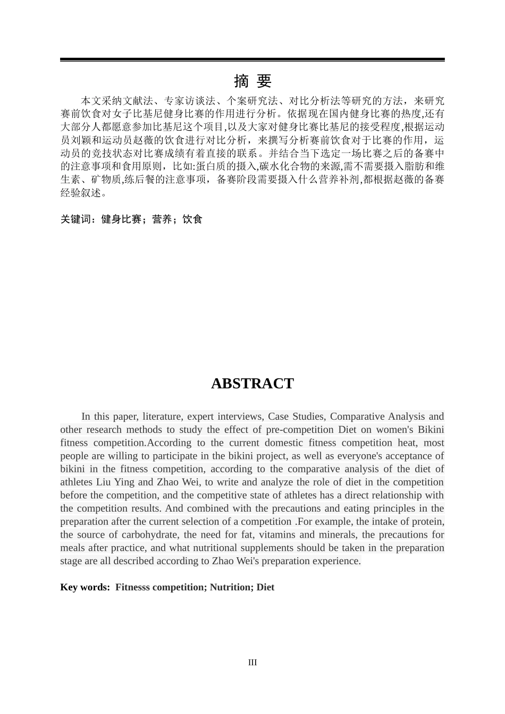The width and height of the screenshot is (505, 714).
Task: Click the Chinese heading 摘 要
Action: pyautogui.click(x=252, y=81)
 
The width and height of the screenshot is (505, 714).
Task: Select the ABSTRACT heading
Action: pyautogui.click(x=252, y=384)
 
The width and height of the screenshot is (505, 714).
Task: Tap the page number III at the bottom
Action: pyautogui.click(x=252, y=662)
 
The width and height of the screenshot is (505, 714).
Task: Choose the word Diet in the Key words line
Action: pyautogui.click(x=265, y=587)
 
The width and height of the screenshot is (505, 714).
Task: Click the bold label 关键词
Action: pyautogui.click(x=75, y=219)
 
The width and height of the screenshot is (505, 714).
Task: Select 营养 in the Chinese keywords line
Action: pyautogui.click(x=162, y=219)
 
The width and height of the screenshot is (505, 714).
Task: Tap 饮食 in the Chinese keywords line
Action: pyautogui.click(x=192, y=219)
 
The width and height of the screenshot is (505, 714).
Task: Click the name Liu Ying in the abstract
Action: pyautogui.click(x=115, y=482)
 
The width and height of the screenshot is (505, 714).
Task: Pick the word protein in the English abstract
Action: pyautogui.click(x=428, y=521)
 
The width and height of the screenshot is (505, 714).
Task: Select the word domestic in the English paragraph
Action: pyautogui.click(x=287, y=443)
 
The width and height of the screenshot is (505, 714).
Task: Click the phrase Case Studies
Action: pyautogui.click(x=296, y=416)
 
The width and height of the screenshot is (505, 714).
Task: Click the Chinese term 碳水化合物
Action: pyautogui.click(x=290, y=166)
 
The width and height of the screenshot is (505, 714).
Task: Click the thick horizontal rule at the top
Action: pyautogui.click(x=252, y=59)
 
